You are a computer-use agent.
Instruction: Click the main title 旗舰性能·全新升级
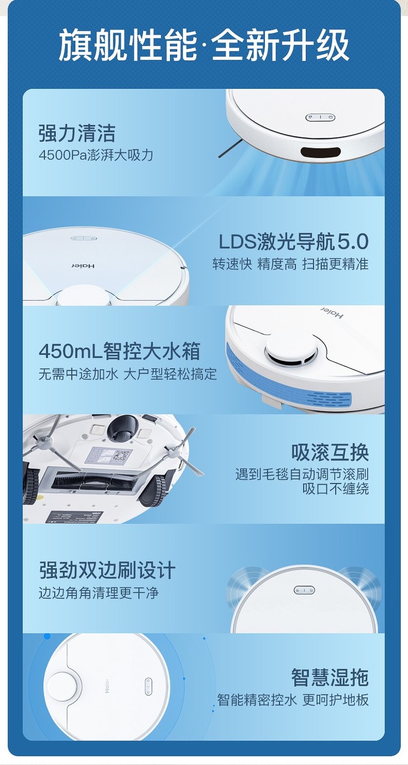tap(203, 45)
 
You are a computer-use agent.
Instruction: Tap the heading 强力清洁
tap(77, 133)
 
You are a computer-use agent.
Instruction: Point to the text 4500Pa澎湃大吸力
tap(96, 155)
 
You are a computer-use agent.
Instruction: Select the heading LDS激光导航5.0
tap(293, 241)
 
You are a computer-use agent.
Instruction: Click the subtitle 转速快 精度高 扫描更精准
tap(291, 264)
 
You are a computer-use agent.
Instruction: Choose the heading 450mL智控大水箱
tap(119, 351)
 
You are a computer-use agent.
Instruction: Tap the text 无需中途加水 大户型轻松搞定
tap(127, 374)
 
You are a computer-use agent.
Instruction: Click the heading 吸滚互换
tap(330, 452)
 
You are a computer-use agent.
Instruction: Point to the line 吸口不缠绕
tap(335, 489)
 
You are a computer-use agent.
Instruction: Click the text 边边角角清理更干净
tap(99, 592)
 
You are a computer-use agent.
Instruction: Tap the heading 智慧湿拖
tap(330, 677)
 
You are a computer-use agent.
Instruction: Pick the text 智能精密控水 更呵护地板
tap(293, 700)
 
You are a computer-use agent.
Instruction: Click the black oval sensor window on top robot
tap(320, 152)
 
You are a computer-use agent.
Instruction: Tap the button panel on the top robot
tap(320, 117)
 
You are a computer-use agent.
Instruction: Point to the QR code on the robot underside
tap(122, 456)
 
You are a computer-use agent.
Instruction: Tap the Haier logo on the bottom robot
tap(107, 686)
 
